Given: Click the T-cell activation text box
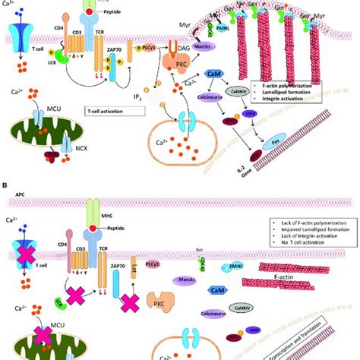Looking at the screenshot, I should coord(115,111).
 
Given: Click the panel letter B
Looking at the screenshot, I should coord(6,184).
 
